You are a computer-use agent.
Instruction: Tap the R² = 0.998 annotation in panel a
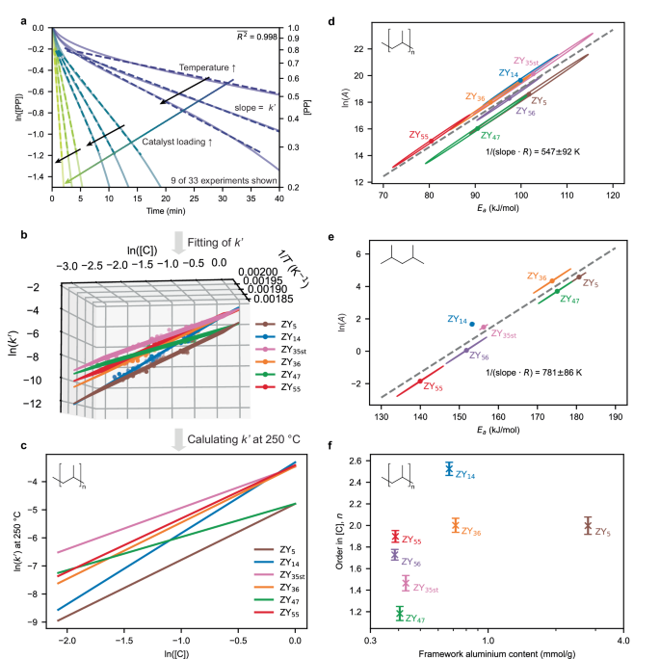(255, 36)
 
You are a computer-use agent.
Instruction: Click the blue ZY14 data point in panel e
(471, 325)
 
